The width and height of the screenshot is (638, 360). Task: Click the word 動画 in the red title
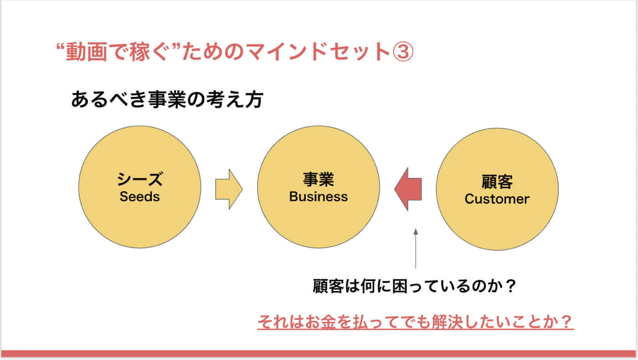tap(86, 52)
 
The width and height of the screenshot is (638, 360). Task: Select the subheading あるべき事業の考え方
tap(167, 100)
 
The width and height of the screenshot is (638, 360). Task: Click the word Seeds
tap(139, 196)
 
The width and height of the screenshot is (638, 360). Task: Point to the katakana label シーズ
tap(140, 179)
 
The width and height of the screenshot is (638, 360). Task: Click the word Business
tap(319, 196)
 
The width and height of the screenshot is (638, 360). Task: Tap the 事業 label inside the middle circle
tap(319, 180)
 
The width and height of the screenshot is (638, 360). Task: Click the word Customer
tap(497, 199)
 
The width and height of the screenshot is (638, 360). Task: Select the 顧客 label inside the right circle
tap(497, 182)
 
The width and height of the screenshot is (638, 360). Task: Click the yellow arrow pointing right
tap(229, 189)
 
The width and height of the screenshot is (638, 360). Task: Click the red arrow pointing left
tap(408, 189)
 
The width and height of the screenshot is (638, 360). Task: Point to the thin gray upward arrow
tap(416, 248)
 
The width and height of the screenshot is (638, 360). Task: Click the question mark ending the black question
tap(511, 286)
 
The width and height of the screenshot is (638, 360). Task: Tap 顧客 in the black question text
tap(328, 286)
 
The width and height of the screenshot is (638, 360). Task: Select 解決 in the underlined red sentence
tap(447, 322)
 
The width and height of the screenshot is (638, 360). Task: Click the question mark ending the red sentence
tap(566, 322)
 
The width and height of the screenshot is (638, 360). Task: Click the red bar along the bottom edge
tap(319, 354)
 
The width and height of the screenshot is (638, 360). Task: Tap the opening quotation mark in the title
tap(60, 46)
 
